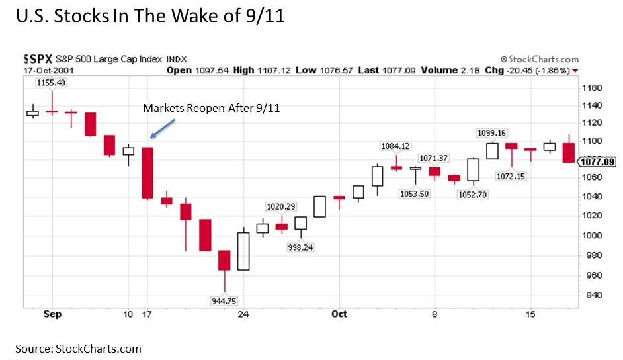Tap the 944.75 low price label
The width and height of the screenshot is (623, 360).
223,301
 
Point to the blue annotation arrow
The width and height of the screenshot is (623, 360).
163,128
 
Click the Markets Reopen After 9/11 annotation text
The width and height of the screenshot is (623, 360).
212,108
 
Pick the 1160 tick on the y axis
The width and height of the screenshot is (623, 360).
592,87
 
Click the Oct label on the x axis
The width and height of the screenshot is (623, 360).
339,314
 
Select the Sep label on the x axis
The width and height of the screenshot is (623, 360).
52,314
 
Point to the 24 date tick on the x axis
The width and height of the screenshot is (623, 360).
243,314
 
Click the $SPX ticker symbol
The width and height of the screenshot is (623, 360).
35,59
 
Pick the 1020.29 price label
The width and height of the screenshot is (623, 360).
281,206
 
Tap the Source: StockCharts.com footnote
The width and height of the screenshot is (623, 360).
79,349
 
